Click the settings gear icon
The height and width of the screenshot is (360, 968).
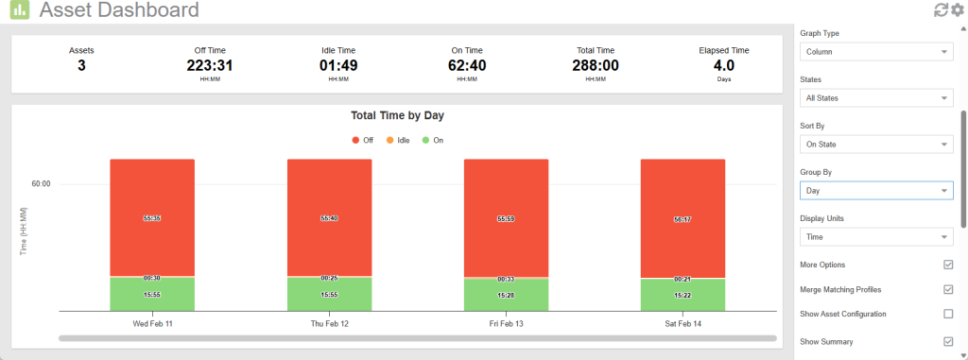tap(957, 10)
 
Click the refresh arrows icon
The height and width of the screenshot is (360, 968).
tap(941, 10)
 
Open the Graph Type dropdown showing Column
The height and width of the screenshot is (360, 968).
tap(875, 52)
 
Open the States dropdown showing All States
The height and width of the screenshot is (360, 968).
tap(875, 98)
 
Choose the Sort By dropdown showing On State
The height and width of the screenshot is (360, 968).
tap(875, 145)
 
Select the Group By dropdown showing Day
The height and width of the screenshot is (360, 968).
tap(875, 191)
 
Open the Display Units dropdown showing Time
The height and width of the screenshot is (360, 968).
tap(875, 237)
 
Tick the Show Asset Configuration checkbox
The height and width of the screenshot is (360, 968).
tap(948, 314)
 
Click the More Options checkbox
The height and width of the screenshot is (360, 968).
tap(948, 265)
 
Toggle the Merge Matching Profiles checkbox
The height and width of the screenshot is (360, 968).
tap(948, 289)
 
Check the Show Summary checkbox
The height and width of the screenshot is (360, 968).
tap(948, 341)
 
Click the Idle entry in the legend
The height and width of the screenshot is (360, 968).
tap(397, 140)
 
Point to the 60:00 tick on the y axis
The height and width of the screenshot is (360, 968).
tap(41, 184)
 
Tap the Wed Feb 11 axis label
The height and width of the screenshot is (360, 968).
tap(152, 324)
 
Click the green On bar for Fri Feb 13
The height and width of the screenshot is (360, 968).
tap(506, 297)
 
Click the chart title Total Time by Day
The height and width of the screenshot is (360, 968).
tap(397, 116)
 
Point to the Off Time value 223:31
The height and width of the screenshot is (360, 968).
tap(210, 66)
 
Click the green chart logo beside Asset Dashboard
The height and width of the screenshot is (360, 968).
tap(19, 11)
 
